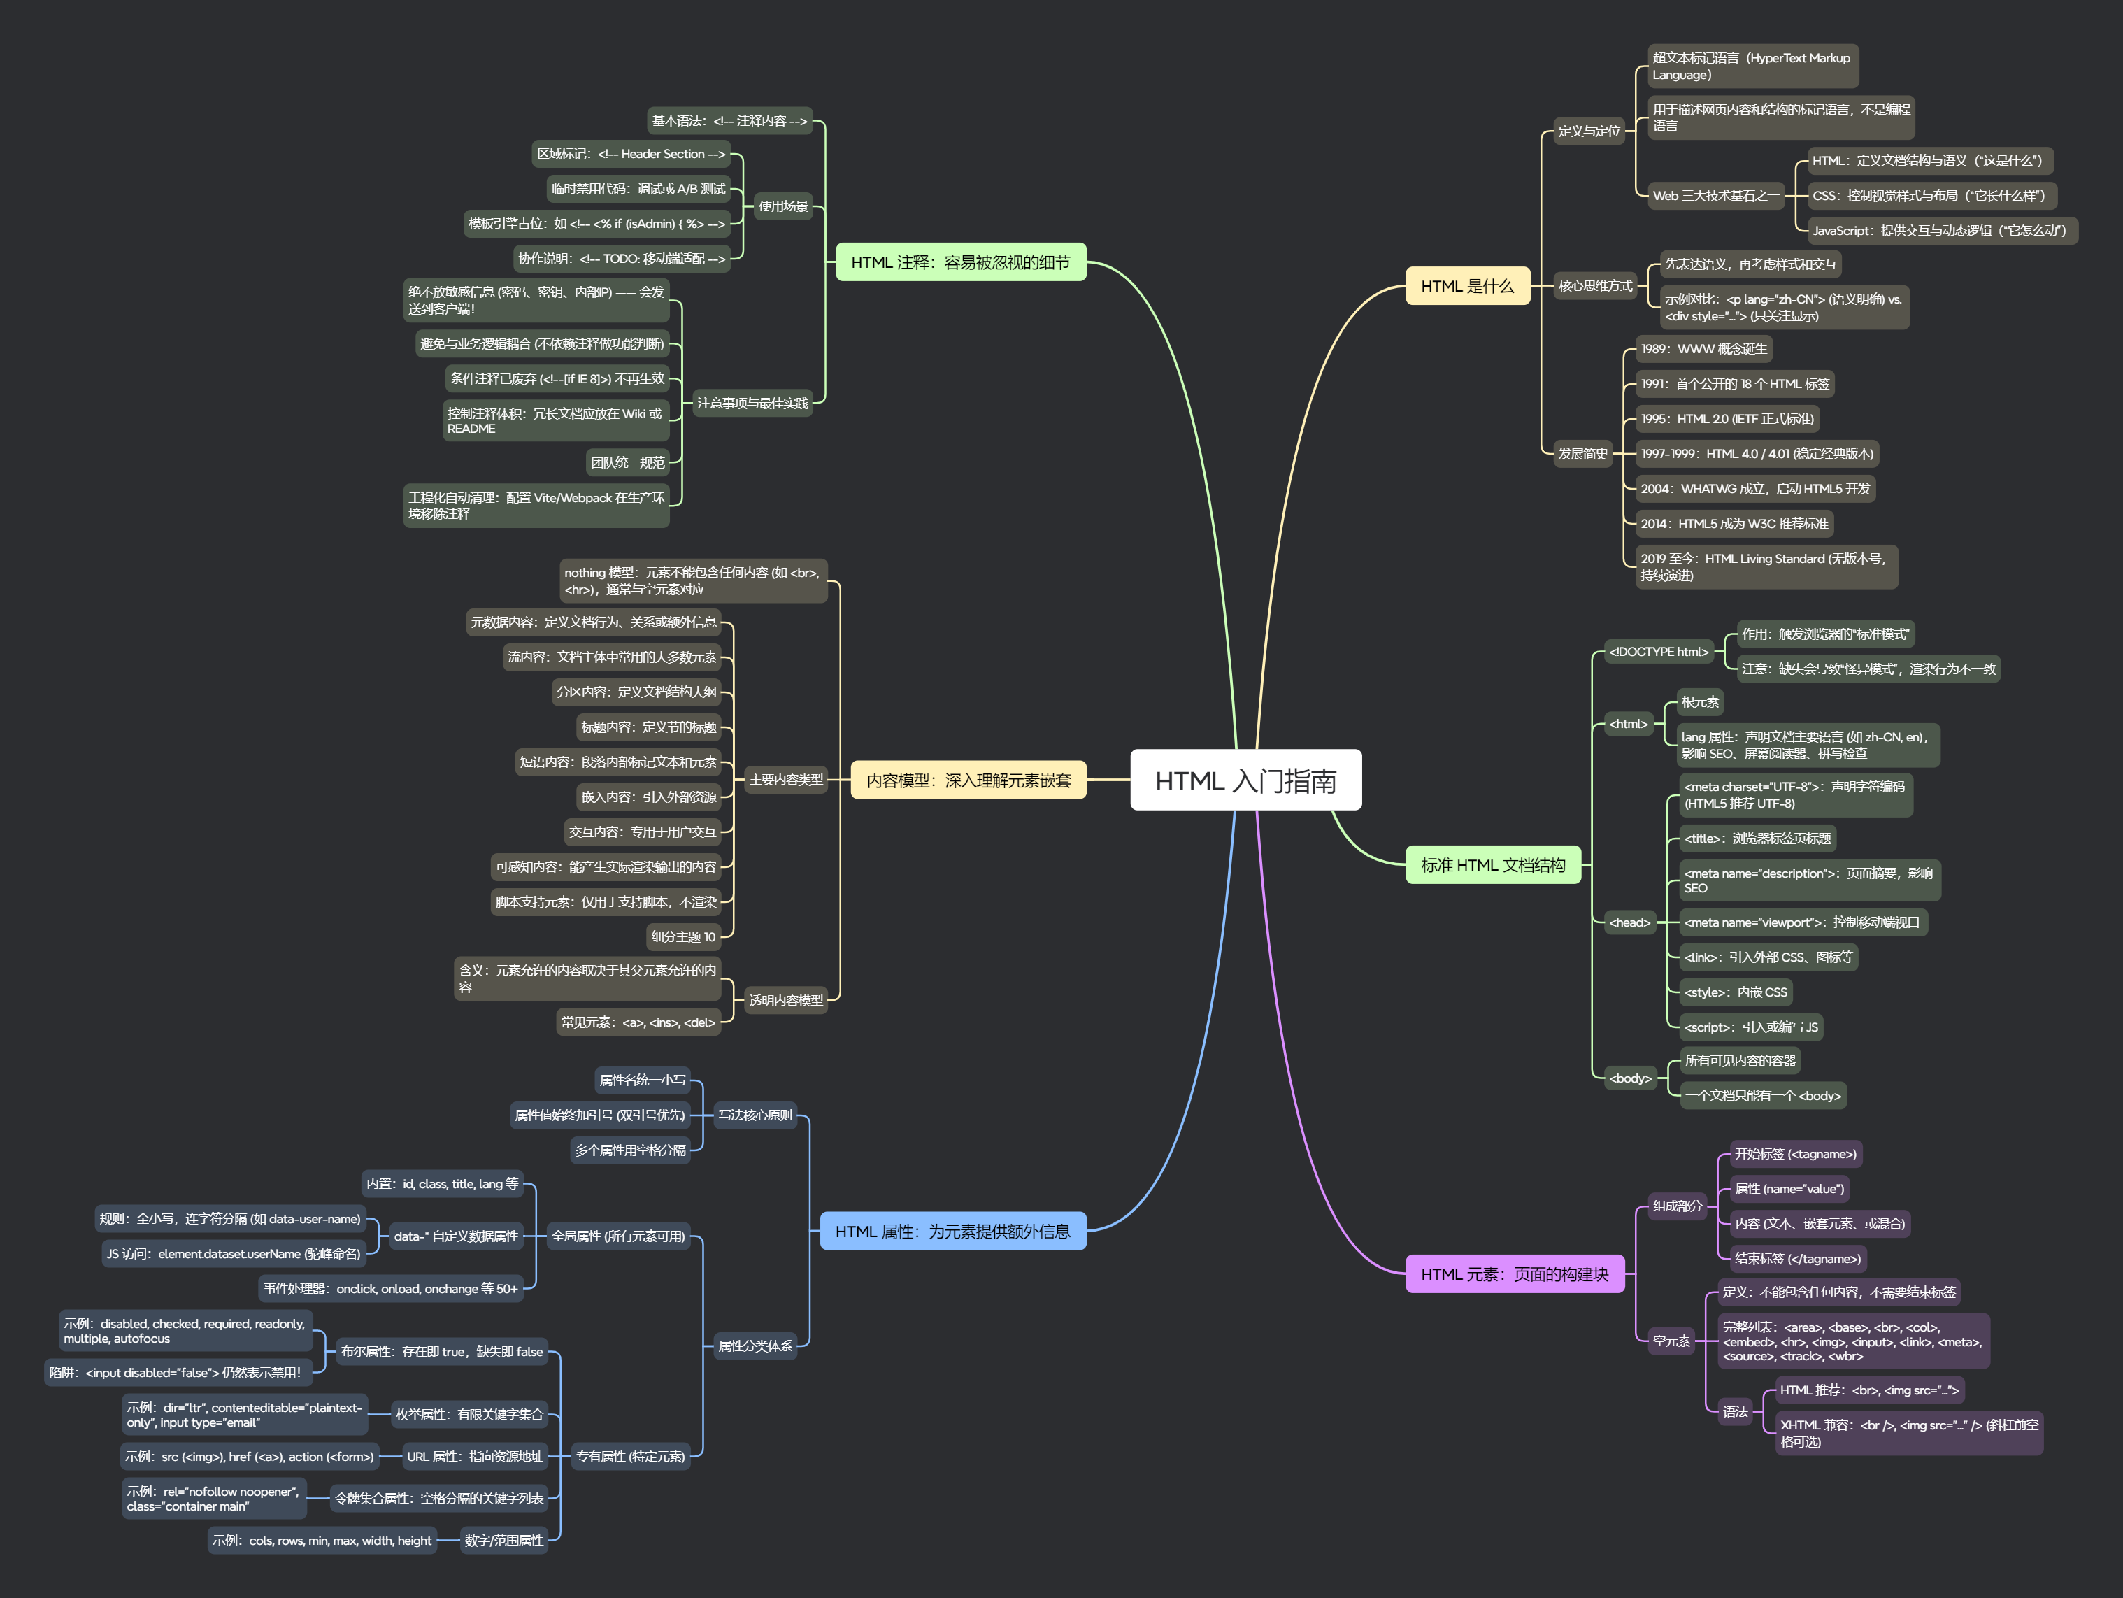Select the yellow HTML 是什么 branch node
(x=1466, y=286)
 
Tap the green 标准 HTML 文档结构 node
(x=1492, y=865)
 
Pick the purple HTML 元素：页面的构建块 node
(x=1513, y=1274)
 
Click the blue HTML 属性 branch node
(x=952, y=1232)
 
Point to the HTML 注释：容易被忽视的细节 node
(x=960, y=262)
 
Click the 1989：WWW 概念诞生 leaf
(x=1703, y=348)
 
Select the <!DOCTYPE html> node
(x=1659, y=652)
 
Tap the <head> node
(x=1630, y=922)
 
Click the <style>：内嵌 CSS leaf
(x=1736, y=992)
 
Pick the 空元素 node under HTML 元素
(x=1671, y=1341)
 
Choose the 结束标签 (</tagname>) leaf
(x=1796, y=1258)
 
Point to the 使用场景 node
(x=783, y=206)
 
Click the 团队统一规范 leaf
(x=628, y=462)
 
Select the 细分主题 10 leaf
(x=683, y=936)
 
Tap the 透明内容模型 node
(x=786, y=1000)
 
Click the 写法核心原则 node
(x=755, y=1115)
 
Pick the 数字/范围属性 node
(x=504, y=1541)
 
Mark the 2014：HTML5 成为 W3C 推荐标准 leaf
(x=1734, y=524)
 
